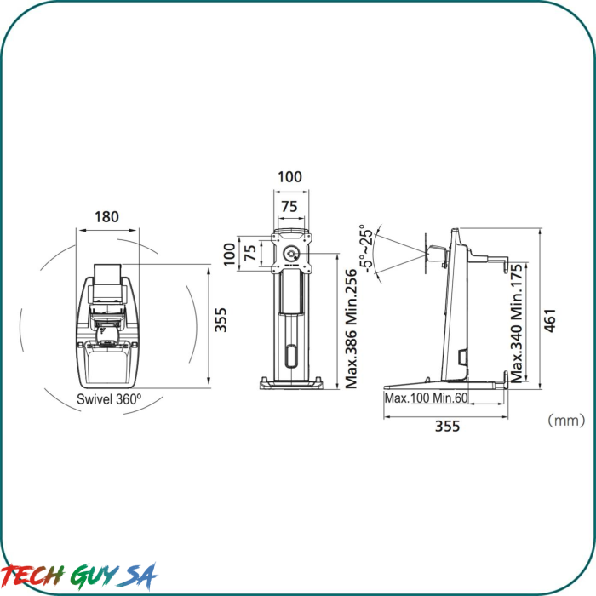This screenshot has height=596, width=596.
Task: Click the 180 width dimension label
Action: coord(106,217)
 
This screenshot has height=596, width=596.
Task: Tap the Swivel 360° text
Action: coord(109,399)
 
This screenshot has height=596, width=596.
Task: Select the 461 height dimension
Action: coord(550,320)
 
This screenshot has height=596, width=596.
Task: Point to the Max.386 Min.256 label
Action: coord(351,329)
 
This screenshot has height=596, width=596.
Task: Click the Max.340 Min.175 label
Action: coord(517,323)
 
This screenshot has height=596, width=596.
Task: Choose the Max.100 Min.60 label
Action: coord(426,398)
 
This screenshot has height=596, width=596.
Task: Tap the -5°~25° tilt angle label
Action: coord(366,249)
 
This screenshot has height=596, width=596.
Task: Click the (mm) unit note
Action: coord(566,421)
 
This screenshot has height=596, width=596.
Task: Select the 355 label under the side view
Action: coord(447,426)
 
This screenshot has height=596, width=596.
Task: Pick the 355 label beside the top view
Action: coord(221,320)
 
